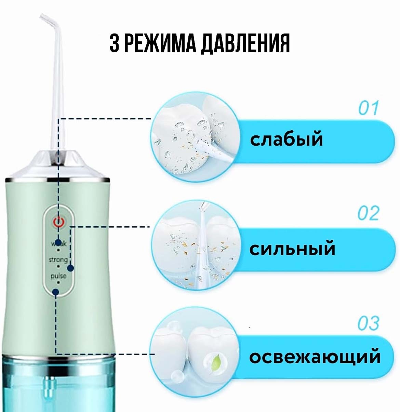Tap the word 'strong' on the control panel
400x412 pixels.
coord(58,260)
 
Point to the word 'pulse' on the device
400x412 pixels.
coord(58,276)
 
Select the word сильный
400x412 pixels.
coord(292,249)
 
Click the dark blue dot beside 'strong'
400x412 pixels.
coord(70,268)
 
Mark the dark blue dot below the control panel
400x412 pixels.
coord(55,292)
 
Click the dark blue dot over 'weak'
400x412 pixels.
coord(58,242)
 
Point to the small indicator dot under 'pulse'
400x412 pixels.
coord(58,282)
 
